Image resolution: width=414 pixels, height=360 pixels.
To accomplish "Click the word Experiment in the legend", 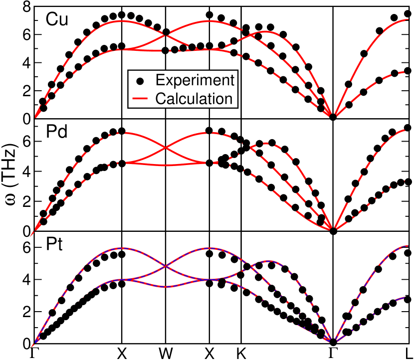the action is click(x=195, y=80).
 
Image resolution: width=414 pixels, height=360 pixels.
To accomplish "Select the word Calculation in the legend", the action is click(x=194, y=98).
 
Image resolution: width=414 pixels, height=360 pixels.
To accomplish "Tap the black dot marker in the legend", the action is click(x=141, y=81).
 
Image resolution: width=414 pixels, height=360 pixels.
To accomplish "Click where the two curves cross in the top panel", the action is click(x=165, y=34).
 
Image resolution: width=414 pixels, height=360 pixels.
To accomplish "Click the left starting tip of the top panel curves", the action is click(x=35, y=118).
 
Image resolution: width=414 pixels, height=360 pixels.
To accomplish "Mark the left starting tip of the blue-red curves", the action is click(x=33, y=345).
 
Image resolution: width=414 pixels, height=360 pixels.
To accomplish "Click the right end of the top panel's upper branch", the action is click(x=409, y=20).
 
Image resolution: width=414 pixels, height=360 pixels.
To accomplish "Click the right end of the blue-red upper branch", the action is click(x=409, y=246).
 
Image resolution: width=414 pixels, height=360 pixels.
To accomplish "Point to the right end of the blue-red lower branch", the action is click(x=406, y=298).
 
